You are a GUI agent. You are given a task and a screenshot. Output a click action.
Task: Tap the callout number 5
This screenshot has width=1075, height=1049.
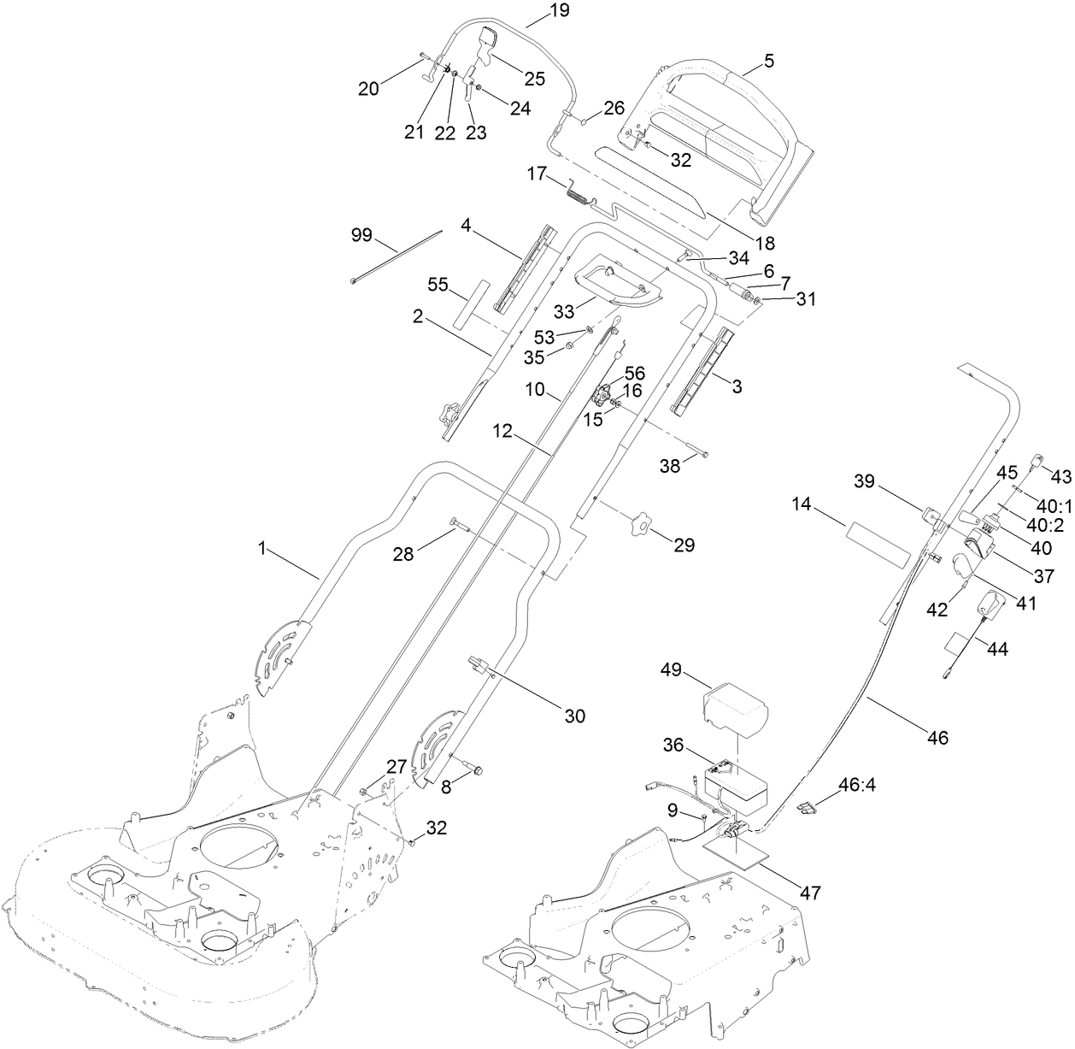769,61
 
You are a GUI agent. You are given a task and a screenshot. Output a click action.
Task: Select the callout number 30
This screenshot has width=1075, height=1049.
575,716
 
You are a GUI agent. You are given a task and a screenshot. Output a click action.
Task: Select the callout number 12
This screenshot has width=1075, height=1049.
502,433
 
